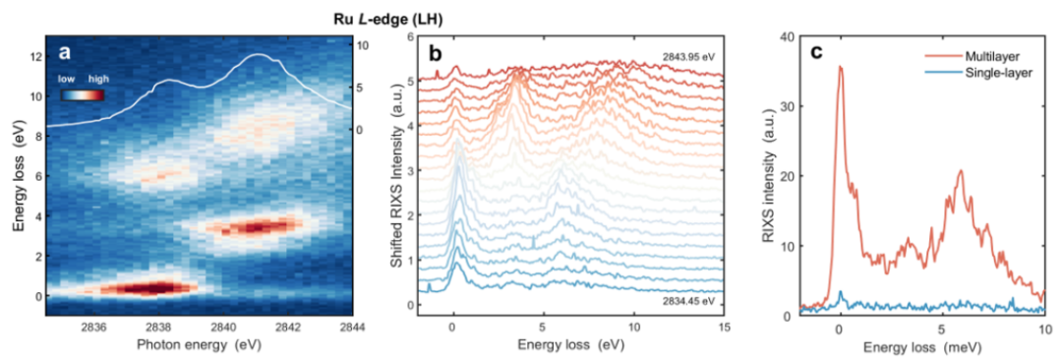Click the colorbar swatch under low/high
[x=85, y=94]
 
